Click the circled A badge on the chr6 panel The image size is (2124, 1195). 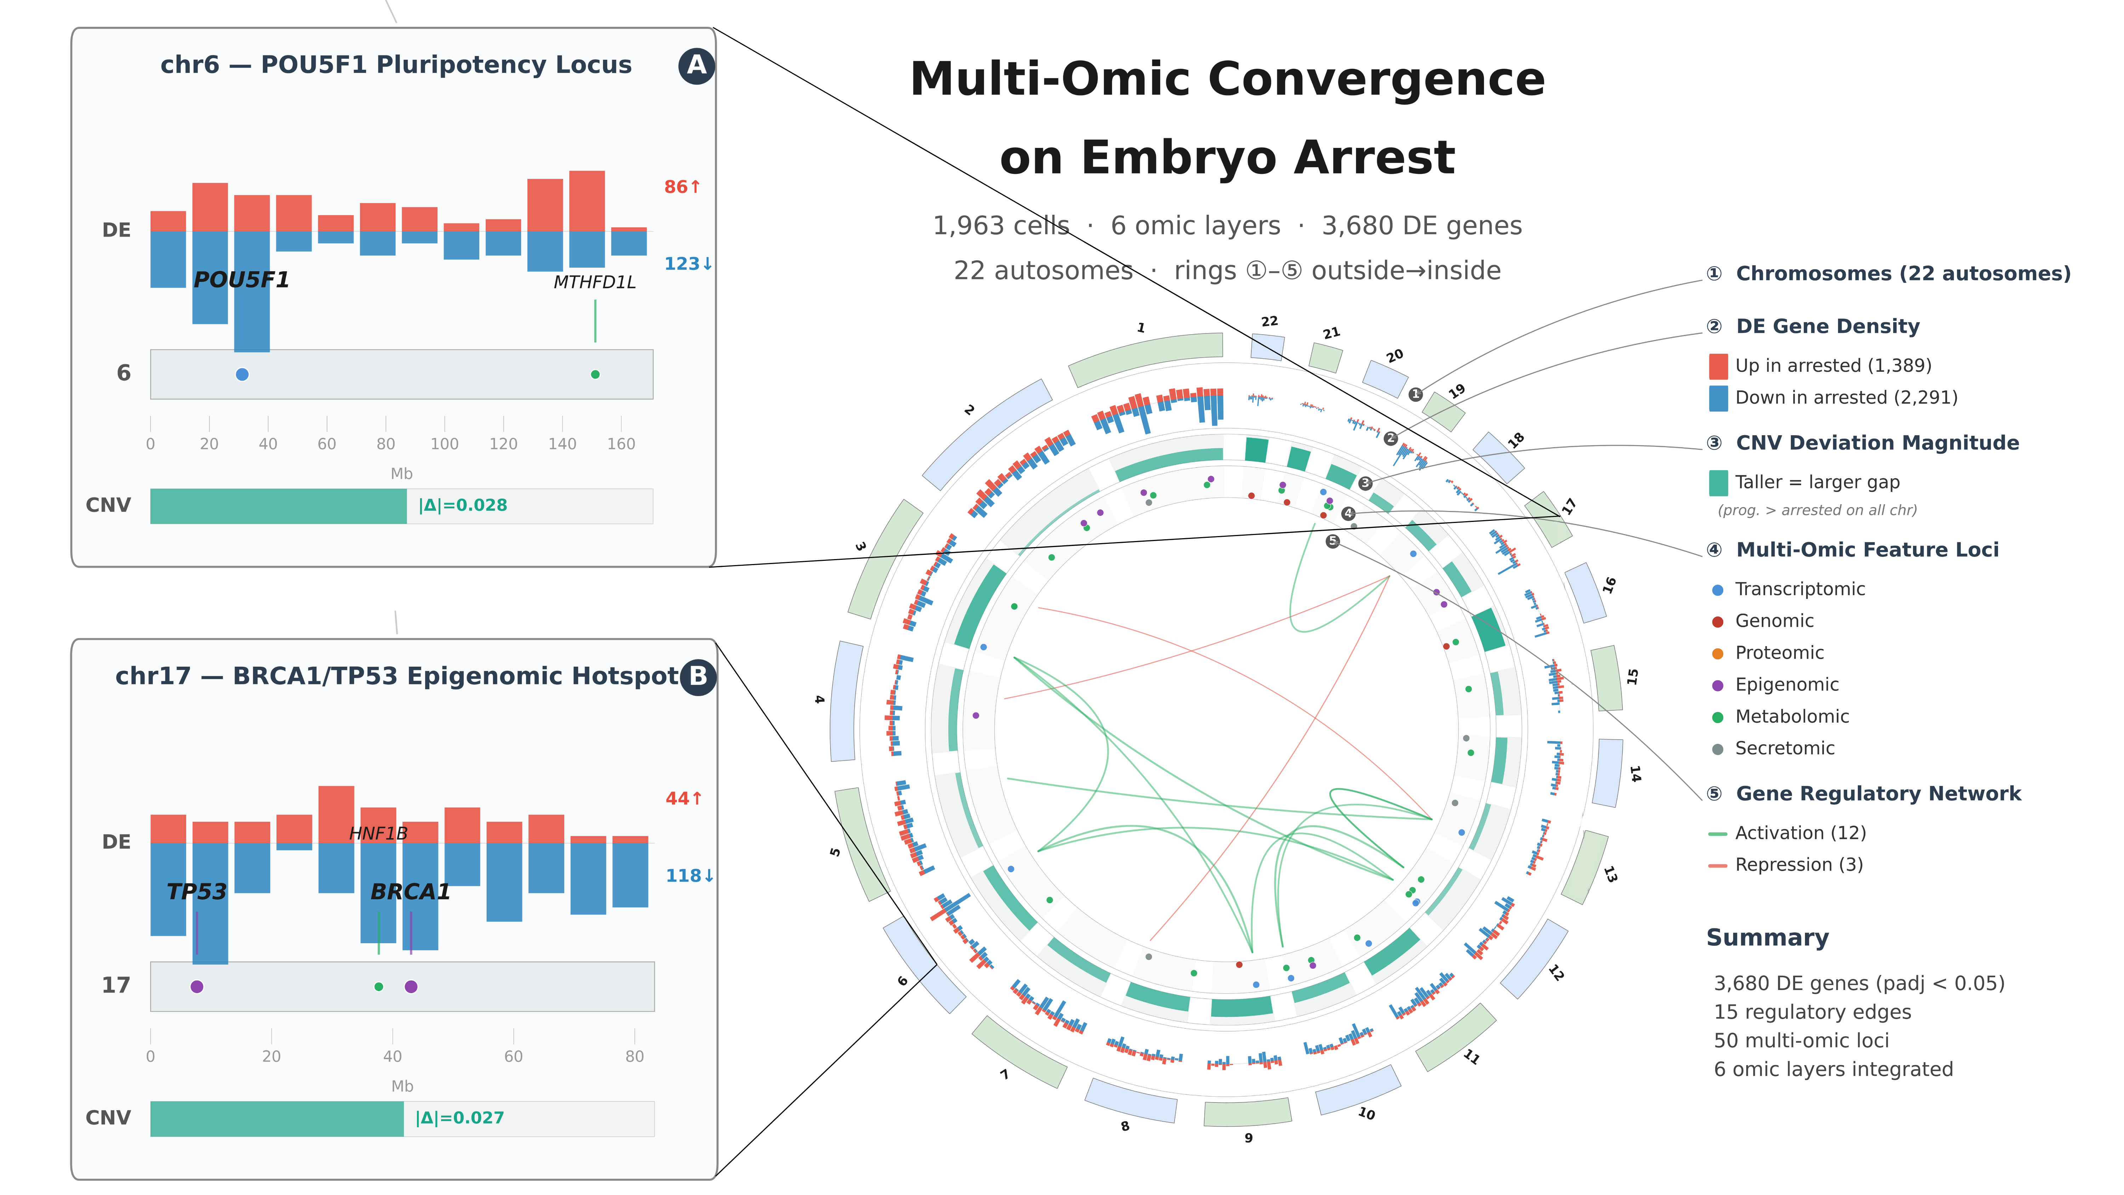(x=697, y=65)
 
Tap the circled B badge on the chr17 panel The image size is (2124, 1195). (x=698, y=676)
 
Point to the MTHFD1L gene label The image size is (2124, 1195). (x=594, y=282)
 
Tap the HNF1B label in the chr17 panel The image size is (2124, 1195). (x=378, y=834)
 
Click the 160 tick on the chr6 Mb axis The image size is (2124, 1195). (x=621, y=444)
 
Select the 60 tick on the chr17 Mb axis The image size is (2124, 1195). (x=513, y=1057)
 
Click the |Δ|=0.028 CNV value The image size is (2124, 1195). (x=463, y=506)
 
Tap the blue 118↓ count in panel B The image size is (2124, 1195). (x=689, y=876)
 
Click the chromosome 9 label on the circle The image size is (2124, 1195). (x=1248, y=1138)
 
